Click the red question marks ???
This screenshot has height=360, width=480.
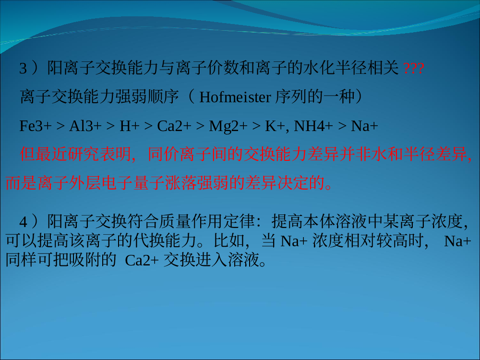414,68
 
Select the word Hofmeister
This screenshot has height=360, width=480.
235,97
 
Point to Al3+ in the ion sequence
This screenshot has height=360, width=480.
85,126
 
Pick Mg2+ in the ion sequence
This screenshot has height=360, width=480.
228,126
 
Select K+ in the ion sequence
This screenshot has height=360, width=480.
275,126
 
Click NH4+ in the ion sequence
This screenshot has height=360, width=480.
313,126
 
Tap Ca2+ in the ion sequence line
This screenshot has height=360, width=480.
174,126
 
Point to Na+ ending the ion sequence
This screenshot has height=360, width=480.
364,126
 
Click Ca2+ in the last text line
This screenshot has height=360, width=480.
142,261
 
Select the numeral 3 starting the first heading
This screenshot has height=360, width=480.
23,68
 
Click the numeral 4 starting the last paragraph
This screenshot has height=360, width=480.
23,221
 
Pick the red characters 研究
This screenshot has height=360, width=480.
84,154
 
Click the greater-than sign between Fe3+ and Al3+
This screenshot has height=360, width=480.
60,126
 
